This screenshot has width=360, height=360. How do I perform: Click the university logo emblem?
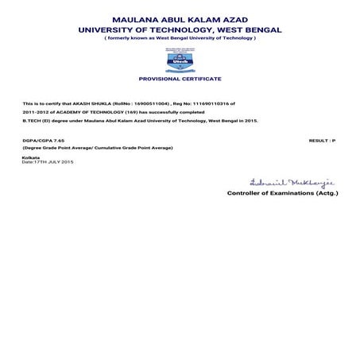179,59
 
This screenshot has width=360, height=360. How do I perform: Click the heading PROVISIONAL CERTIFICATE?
180,79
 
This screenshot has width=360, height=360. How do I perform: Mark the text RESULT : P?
322,140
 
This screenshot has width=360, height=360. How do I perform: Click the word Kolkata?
31,157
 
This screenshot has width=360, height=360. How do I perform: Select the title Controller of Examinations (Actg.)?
282,192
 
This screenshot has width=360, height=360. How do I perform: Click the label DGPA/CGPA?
36,140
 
